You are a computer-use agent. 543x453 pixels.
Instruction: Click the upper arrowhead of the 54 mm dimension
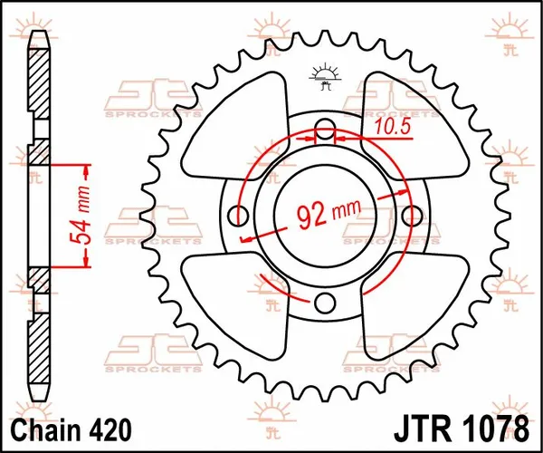pyautogui.click(x=87, y=169)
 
